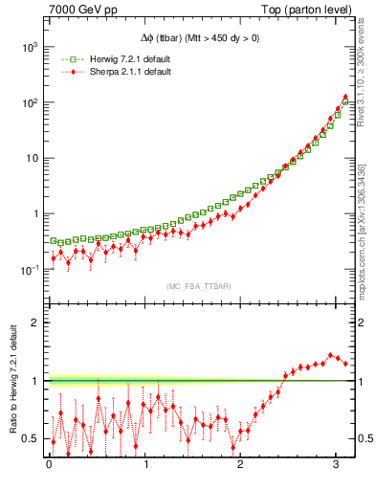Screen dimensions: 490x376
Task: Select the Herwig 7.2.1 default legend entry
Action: coord(124,60)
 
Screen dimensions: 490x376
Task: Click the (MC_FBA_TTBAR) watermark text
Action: coord(198,286)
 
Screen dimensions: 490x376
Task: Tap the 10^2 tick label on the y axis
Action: coord(30,101)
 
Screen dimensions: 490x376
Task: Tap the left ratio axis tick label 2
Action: coord(35,323)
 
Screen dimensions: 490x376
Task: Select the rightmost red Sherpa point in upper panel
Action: coord(344,98)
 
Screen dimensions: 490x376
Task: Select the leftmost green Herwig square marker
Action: coord(54,240)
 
